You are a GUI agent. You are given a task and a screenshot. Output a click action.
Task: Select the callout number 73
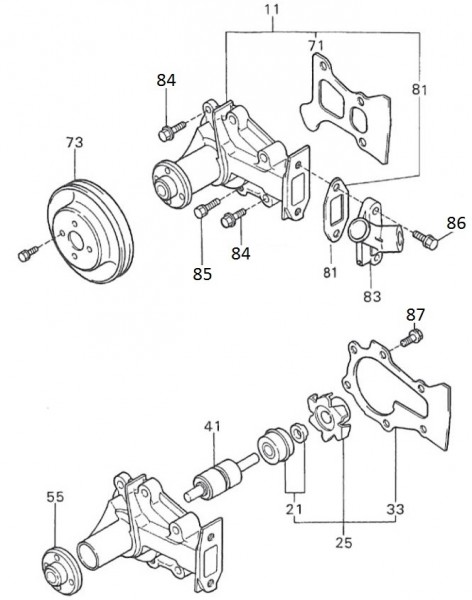[76, 144]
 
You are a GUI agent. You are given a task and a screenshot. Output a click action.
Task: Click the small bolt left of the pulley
[25, 255]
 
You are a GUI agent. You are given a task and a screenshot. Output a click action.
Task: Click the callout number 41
[213, 427]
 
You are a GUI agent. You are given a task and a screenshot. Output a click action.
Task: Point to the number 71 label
[316, 46]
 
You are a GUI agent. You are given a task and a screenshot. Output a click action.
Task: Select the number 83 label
[371, 296]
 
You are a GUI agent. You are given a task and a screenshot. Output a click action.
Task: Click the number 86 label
[455, 223]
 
